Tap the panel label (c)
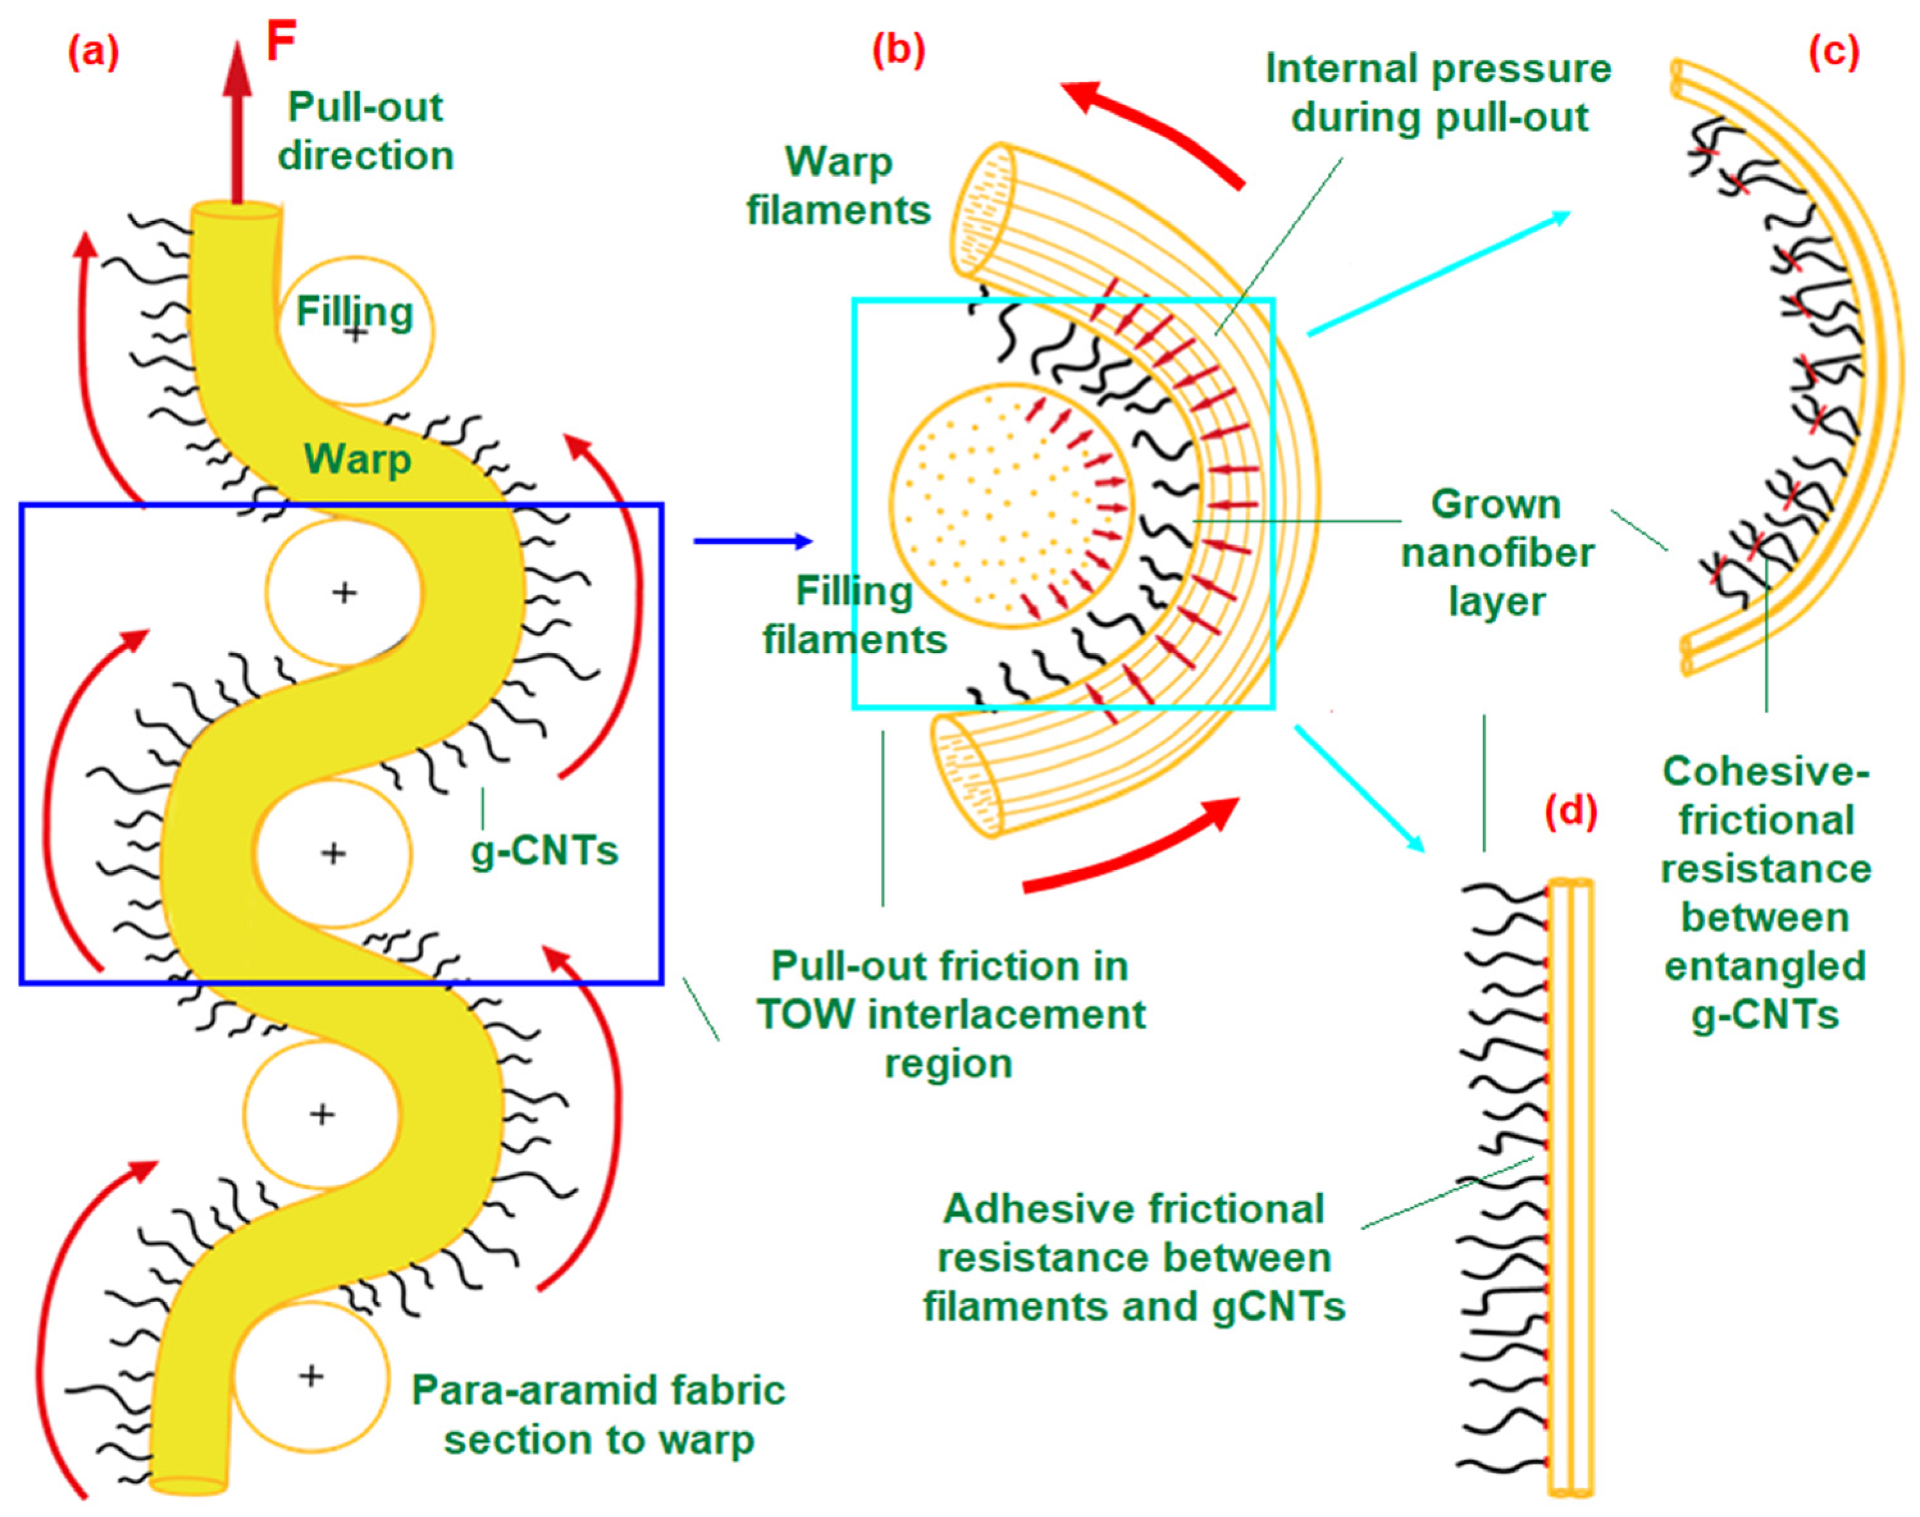pyautogui.click(x=1834, y=53)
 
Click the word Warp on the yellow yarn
pyautogui.click(x=358, y=460)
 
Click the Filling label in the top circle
pyautogui.click(x=354, y=312)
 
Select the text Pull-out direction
pyautogui.click(x=366, y=131)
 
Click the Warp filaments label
pyautogui.click(x=839, y=186)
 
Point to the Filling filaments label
pyautogui.click(x=855, y=614)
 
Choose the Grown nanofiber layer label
pyautogui.click(x=1497, y=552)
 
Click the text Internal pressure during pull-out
pyautogui.click(x=1438, y=94)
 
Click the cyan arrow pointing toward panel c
pyautogui.click(x=1439, y=273)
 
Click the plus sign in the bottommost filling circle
pyautogui.click(x=310, y=1376)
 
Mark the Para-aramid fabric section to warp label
pyautogui.click(x=598, y=1415)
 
